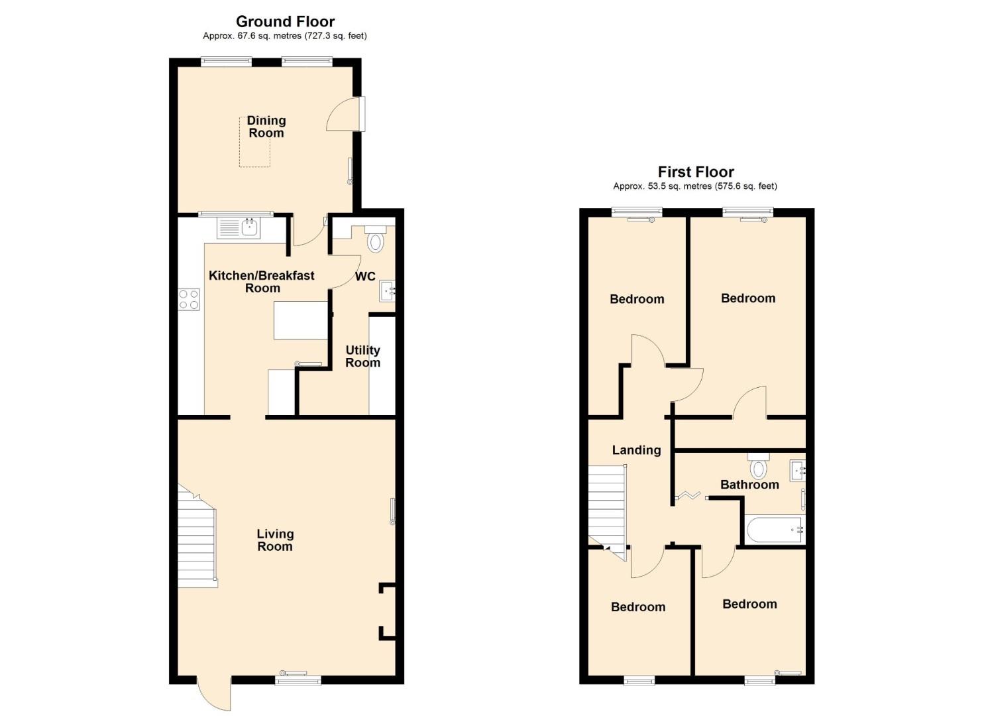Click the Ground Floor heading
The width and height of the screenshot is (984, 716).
(x=285, y=21)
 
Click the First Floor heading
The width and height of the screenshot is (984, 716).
(x=696, y=172)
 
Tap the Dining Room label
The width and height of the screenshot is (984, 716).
(x=266, y=127)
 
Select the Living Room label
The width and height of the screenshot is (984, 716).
(x=275, y=540)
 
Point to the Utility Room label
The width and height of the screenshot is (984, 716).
(x=362, y=356)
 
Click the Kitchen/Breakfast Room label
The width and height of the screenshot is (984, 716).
(x=262, y=281)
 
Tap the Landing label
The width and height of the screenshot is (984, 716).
(x=637, y=450)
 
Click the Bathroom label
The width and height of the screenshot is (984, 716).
(x=749, y=485)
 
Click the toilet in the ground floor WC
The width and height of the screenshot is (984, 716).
(x=374, y=239)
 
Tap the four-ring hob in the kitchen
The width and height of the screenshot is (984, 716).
(x=189, y=299)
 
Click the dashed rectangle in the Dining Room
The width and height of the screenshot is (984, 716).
(x=255, y=142)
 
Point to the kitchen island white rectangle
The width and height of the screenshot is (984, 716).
(x=301, y=320)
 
